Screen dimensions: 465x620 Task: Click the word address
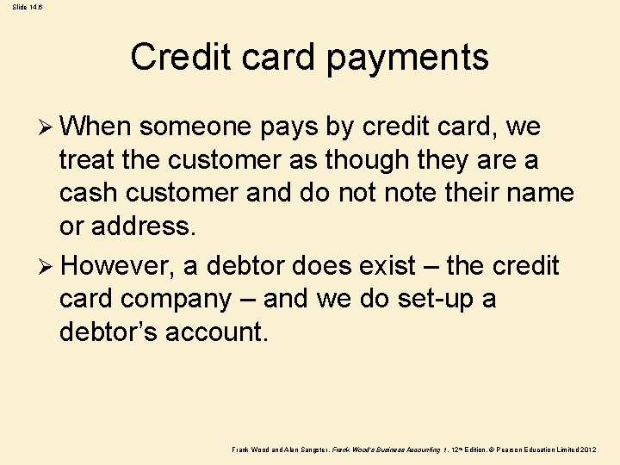coord(148,226)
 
